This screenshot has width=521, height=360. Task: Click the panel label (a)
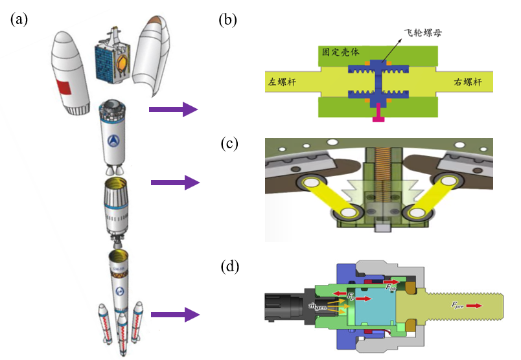19,19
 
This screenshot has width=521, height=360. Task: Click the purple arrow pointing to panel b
172,109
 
